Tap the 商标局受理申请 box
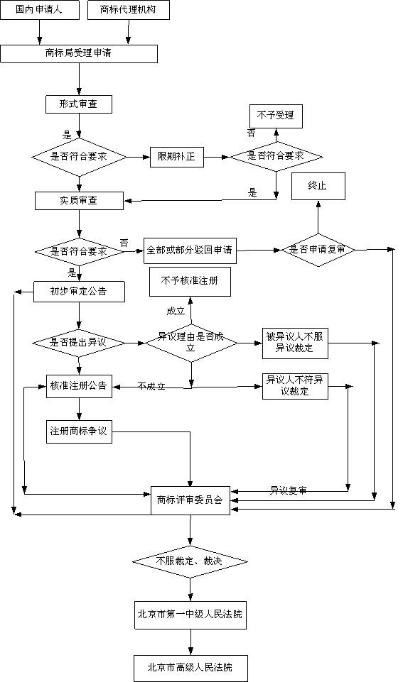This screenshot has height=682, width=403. (78, 53)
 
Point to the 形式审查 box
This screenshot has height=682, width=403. (78, 104)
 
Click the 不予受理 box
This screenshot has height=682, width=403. (276, 116)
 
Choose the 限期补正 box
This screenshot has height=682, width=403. (177, 157)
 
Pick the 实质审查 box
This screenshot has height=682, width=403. (78, 201)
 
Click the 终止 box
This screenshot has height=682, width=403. (317, 185)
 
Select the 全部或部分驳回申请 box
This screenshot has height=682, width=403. (190, 251)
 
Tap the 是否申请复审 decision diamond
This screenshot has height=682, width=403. (318, 250)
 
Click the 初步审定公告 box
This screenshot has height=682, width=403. (78, 291)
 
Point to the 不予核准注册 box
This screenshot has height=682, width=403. (189, 282)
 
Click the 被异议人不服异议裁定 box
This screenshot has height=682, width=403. (295, 343)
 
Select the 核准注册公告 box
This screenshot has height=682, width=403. (78, 386)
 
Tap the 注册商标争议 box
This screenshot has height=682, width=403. (78, 432)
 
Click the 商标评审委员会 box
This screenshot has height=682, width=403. (190, 500)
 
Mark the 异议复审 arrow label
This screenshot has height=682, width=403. (288, 490)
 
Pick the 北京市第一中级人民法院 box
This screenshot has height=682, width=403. (190, 614)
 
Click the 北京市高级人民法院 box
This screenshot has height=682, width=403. (190, 668)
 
